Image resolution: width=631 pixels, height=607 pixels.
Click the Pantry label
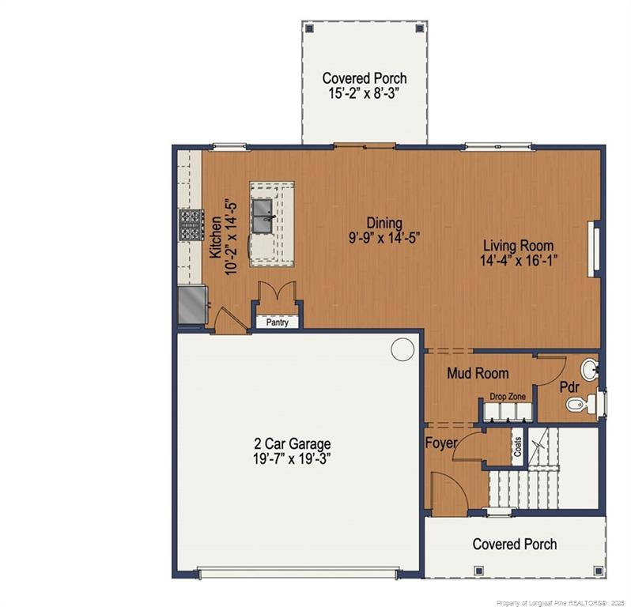pyautogui.click(x=277, y=322)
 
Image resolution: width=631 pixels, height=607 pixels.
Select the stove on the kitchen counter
pyautogui.click(x=190, y=224)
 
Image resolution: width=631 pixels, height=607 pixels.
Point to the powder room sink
pyautogui.click(x=589, y=369)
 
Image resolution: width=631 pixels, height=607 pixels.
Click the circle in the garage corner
pyautogui.click(x=402, y=348)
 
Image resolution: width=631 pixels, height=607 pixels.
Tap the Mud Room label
pyautogui.click(x=478, y=373)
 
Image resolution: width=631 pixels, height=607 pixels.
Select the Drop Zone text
pyautogui.click(x=508, y=396)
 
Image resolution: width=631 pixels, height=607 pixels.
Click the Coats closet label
pyautogui.click(x=517, y=447)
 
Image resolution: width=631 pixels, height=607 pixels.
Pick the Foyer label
pyautogui.click(x=441, y=443)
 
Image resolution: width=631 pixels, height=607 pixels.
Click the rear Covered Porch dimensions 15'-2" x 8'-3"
pyautogui.click(x=365, y=92)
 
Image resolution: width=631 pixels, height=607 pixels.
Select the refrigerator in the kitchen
pyautogui.click(x=191, y=305)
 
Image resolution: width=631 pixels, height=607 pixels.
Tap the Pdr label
pyautogui.click(x=570, y=388)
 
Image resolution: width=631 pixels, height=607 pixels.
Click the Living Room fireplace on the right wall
pyautogui.click(x=592, y=249)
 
